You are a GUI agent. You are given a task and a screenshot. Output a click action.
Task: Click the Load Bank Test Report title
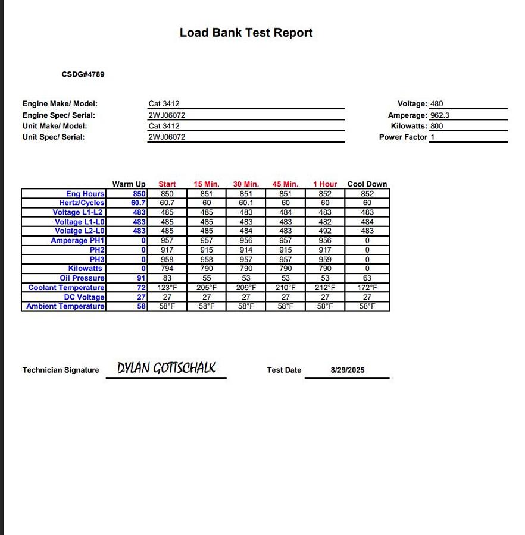pos(246,33)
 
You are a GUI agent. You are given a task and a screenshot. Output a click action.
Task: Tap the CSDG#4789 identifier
pos(83,74)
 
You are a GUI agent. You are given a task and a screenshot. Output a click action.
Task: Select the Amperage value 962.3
pos(439,115)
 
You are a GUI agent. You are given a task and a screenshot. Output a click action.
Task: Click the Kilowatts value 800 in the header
pos(436,126)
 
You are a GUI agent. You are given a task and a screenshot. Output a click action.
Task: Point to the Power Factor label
pos(403,137)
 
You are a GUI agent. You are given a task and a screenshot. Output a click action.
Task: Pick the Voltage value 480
pos(436,103)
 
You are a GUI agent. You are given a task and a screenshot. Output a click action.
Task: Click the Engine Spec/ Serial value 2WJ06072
pos(167,115)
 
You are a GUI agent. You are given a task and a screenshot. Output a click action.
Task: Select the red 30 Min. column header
pos(246,184)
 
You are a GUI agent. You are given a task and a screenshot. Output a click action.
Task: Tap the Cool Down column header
pos(367,184)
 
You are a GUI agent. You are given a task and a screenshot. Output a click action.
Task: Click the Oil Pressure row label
pos(82,278)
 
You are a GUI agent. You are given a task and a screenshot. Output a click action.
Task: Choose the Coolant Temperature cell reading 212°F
pos(325,288)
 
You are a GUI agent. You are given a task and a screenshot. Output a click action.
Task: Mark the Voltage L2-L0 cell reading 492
pos(325,231)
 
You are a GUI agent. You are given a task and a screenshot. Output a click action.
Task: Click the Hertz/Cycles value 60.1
pos(246,203)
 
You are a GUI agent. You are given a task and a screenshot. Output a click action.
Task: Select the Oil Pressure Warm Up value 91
pos(141,278)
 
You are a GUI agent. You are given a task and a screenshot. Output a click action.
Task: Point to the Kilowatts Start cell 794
pos(167,269)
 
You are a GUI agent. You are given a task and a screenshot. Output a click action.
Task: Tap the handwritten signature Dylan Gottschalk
pos(166,369)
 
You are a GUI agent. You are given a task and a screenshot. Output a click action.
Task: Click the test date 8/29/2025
pos(348,370)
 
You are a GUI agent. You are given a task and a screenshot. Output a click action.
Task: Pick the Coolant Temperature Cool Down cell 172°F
pos(367,288)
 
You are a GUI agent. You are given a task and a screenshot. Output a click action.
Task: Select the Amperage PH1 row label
pos(77,241)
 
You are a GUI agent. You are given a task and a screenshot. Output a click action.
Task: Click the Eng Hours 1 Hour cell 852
pos(325,194)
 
